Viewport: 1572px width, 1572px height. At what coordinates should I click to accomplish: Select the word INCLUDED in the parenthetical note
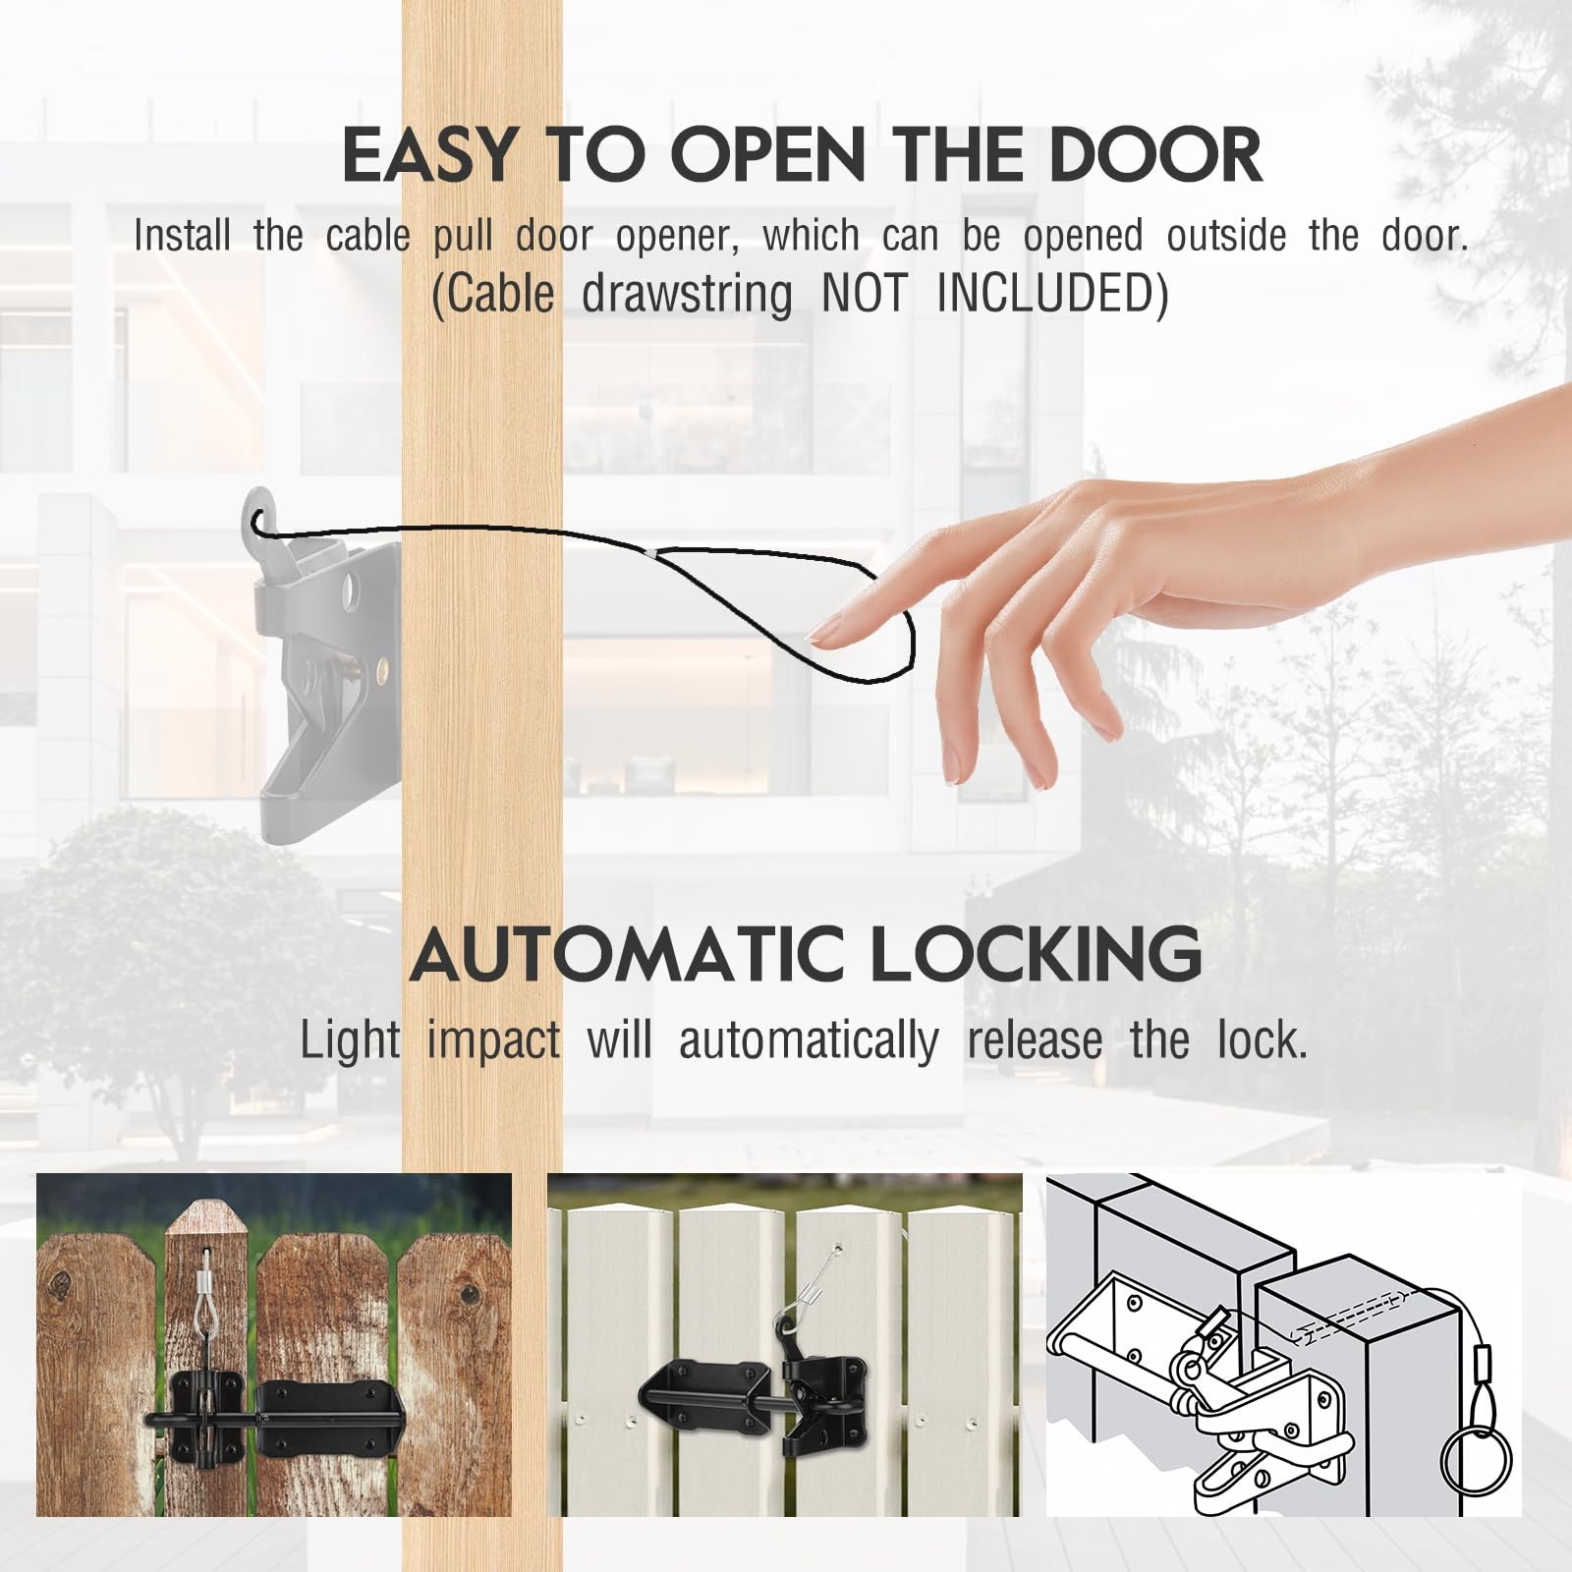coord(1052,294)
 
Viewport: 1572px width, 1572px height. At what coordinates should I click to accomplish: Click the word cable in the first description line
coord(368,236)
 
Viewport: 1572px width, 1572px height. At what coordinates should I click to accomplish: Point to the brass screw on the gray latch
coord(378,673)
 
